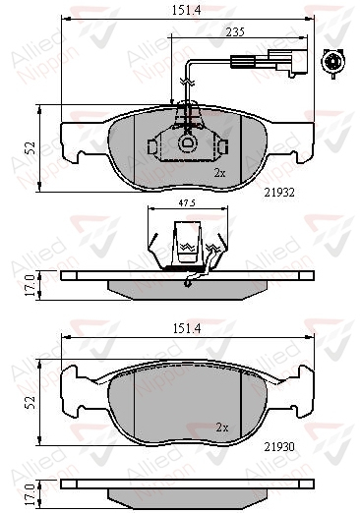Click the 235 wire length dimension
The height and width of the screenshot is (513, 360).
pyautogui.click(x=235, y=32)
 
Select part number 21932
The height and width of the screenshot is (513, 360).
pyautogui.click(x=279, y=193)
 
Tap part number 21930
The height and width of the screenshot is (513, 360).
pyautogui.click(x=279, y=446)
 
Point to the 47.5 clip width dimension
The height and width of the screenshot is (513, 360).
pyautogui.click(x=187, y=203)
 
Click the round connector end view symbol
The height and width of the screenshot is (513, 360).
pyautogui.click(x=333, y=62)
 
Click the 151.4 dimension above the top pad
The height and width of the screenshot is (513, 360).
pyautogui.click(x=186, y=11)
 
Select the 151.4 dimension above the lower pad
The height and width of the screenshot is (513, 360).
pyautogui.click(x=187, y=328)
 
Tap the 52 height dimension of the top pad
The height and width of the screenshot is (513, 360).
pyautogui.click(x=31, y=148)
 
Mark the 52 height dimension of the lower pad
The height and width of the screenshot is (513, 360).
pyautogui.click(x=31, y=402)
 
